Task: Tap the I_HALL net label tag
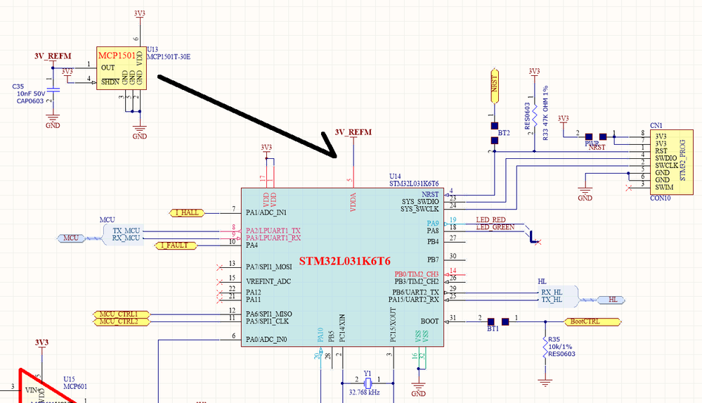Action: pos(186,212)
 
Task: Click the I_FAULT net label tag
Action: pos(175,245)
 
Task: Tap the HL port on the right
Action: pos(614,300)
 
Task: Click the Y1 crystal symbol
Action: pos(367,383)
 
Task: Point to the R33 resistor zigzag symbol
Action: pos(534,113)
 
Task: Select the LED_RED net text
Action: pos(490,220)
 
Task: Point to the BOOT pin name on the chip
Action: pos(429,321)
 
